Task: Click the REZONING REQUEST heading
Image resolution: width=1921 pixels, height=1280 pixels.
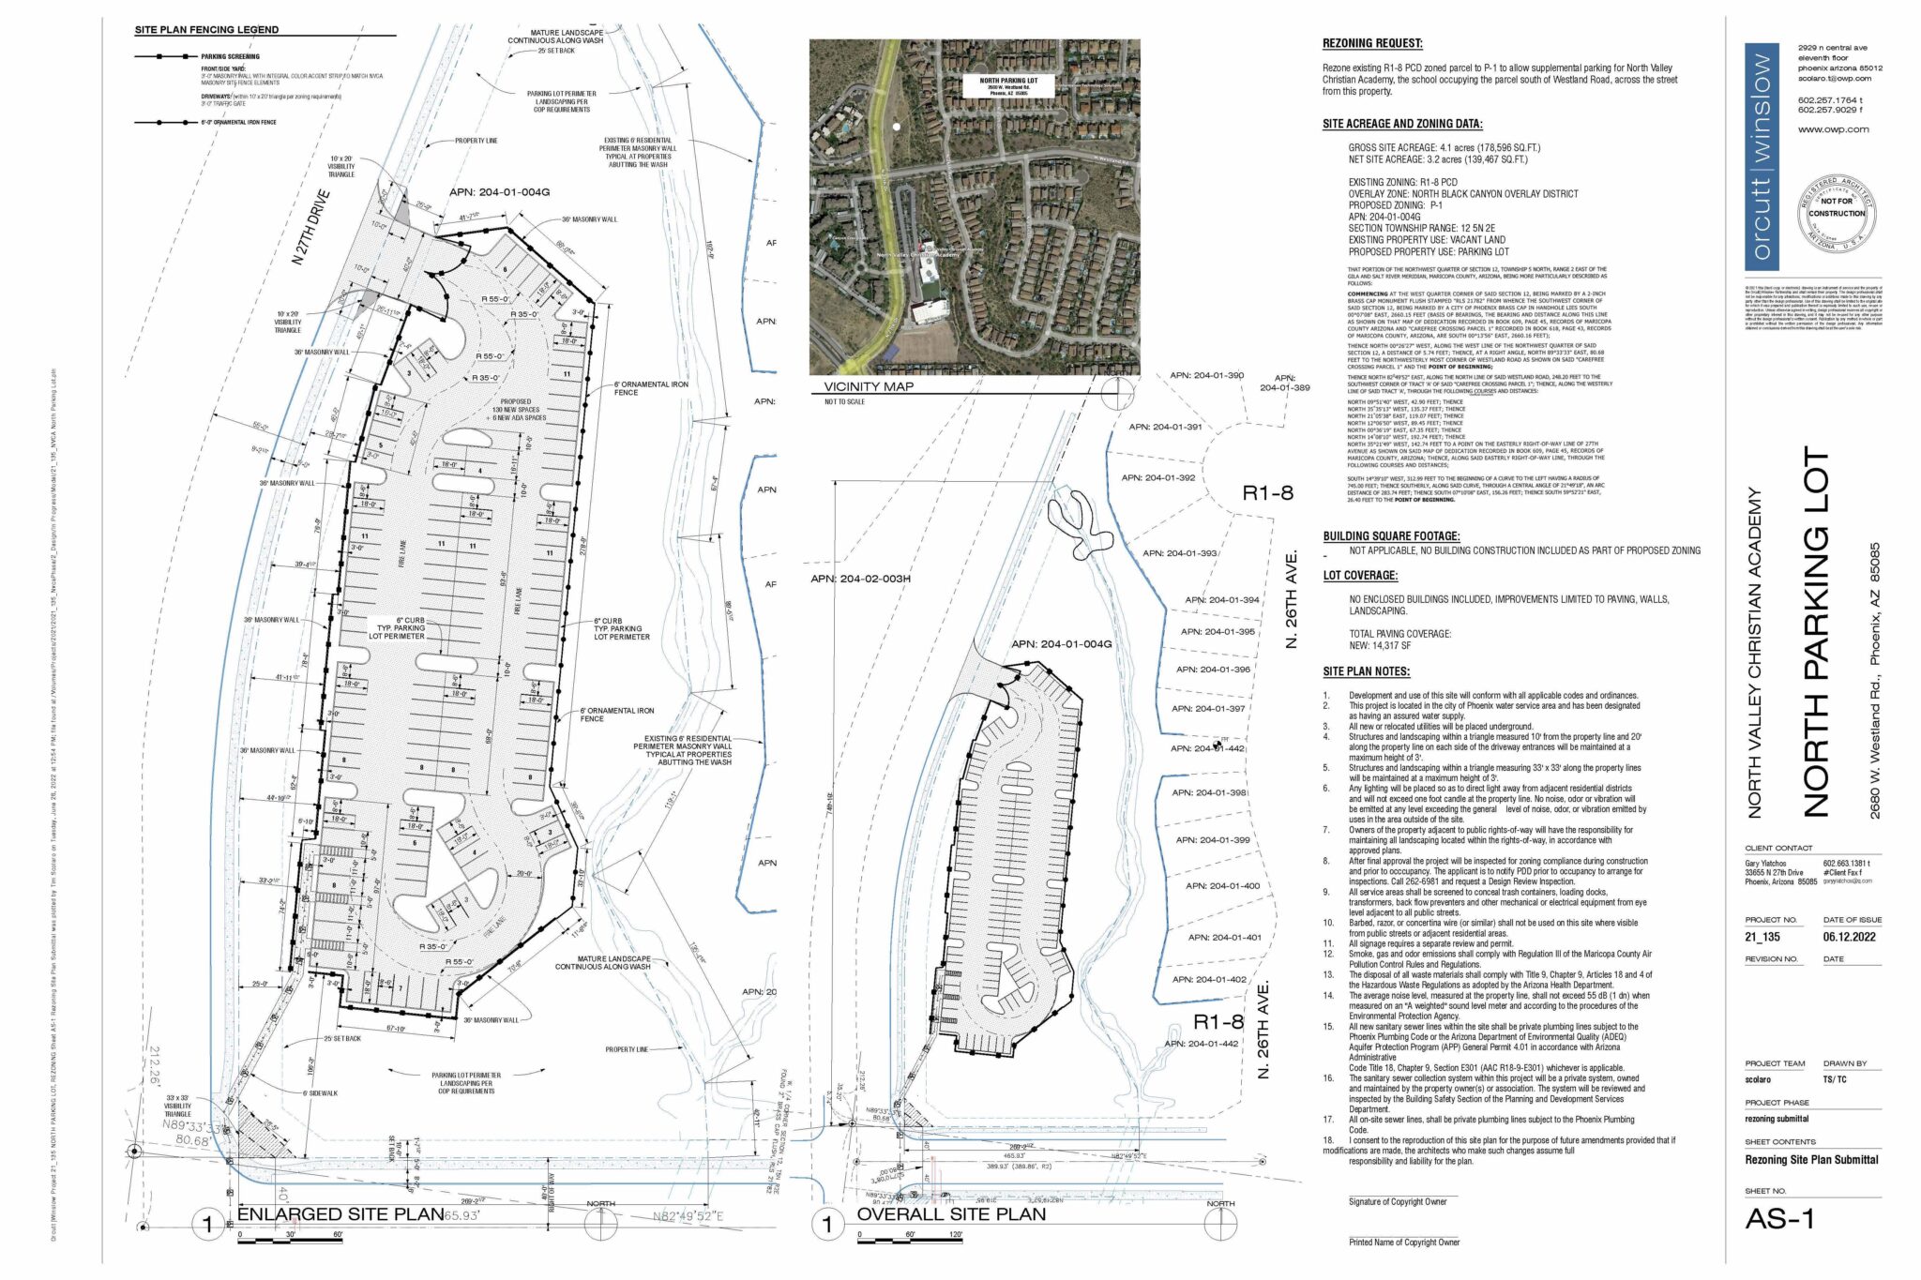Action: (x=1371, y=43)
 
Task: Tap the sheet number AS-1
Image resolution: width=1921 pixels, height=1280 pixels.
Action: (x=1779, y=1219)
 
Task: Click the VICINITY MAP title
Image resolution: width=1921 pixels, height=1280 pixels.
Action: (x=869, y=386)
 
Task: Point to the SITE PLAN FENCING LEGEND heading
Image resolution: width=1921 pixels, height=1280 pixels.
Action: (x=206, y=30)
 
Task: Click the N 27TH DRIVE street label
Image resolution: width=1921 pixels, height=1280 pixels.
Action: (x=311, y=228)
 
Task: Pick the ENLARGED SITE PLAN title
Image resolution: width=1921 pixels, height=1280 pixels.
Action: (x=340, y=1214)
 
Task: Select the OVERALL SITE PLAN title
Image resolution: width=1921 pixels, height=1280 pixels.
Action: (x=950, y=1214)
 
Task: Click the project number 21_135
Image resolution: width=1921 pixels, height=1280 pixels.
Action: (x=1762, y=937)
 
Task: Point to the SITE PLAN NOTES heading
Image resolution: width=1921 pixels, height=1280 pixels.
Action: (x=1366, y=671)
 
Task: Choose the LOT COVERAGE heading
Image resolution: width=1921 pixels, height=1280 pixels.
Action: (x=1360, y=576)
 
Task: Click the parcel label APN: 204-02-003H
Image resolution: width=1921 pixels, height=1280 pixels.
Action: (x=860, y=579)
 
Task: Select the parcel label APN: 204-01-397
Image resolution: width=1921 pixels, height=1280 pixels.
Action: (x=1210, y=709)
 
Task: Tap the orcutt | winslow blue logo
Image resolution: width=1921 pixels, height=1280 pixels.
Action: (x=1762, y=157)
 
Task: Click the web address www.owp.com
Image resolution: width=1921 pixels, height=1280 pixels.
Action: (x=1833, y=129)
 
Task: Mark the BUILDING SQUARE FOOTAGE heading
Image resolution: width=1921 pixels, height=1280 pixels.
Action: (x=1391, y=536)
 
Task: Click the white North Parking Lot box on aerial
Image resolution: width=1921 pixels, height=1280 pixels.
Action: (x=1008, y=86)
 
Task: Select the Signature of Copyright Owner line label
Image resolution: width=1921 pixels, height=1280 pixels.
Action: (x=1398, y=1202)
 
